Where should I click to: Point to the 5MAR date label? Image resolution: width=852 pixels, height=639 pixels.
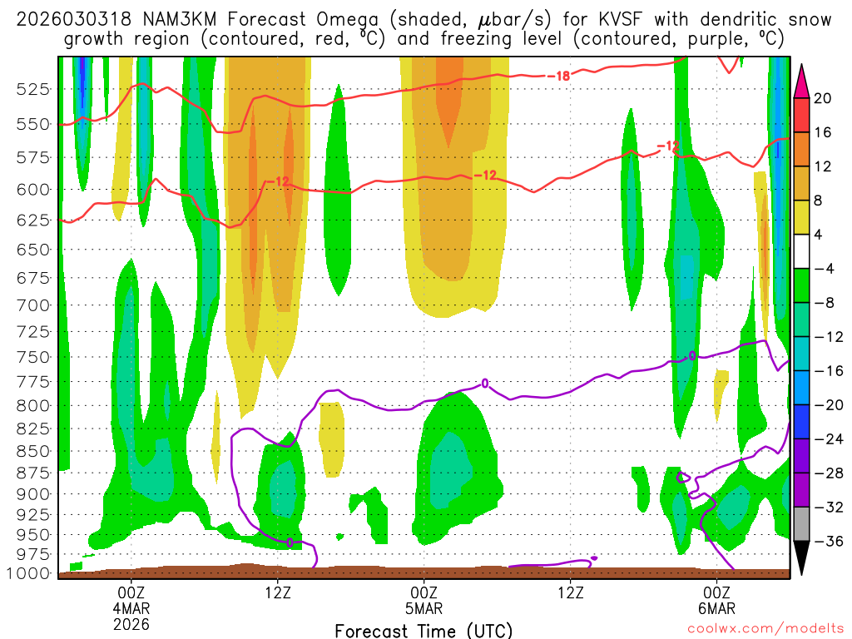(x=424, y=608)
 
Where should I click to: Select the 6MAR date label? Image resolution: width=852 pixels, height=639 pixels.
(x=717, y=608)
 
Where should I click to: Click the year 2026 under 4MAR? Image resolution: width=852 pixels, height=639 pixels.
(x=132, y=623)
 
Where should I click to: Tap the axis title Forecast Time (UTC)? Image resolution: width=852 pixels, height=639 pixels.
(x=424, y=631)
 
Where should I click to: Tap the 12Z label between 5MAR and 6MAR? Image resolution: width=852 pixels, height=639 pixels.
(x=571, y=593)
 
